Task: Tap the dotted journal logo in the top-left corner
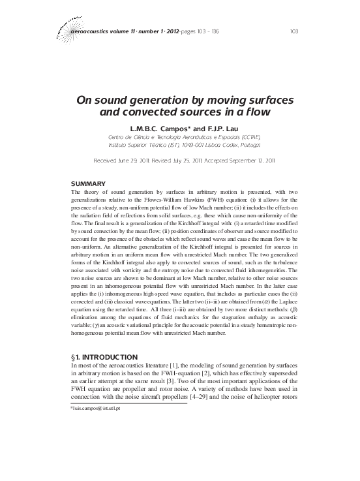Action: tap(63, 25)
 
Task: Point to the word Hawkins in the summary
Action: tap(243, 200)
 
